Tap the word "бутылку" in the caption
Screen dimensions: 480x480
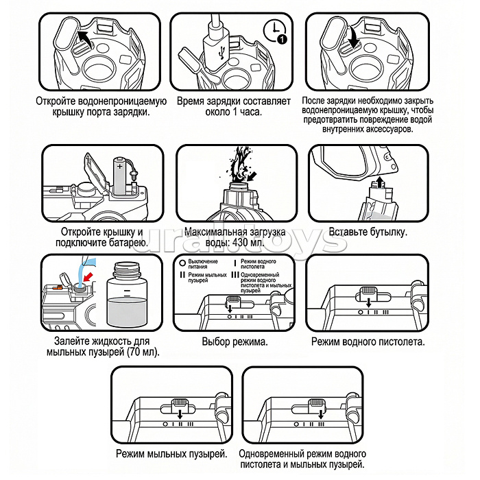[x=385, y=232]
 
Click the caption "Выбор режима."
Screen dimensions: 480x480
[x=235, y=341]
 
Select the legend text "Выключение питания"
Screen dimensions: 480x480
[x=203, y=264]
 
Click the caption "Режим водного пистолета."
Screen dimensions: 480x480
[x=368, y=341]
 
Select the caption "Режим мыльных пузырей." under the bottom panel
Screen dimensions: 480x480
[x=171, y=455]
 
